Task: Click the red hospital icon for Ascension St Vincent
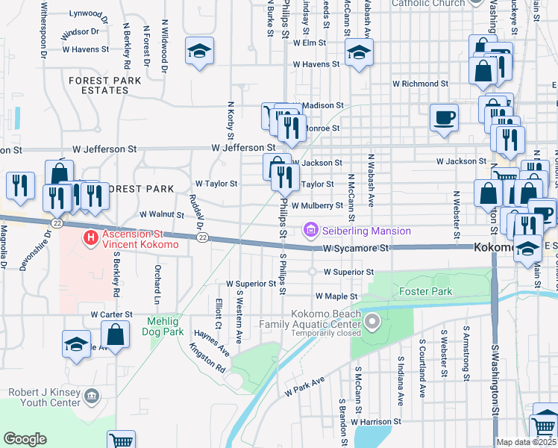coord(90,238)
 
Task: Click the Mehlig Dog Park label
coord(163,326)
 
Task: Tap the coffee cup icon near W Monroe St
coord(445,117)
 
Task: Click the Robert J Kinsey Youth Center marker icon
coord(91,394)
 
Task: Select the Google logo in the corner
coord(25,438)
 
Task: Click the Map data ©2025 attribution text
coord(526,442)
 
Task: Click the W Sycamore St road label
coord(356,248)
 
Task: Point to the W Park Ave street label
coord(304,386)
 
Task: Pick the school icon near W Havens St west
coord(199,52)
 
